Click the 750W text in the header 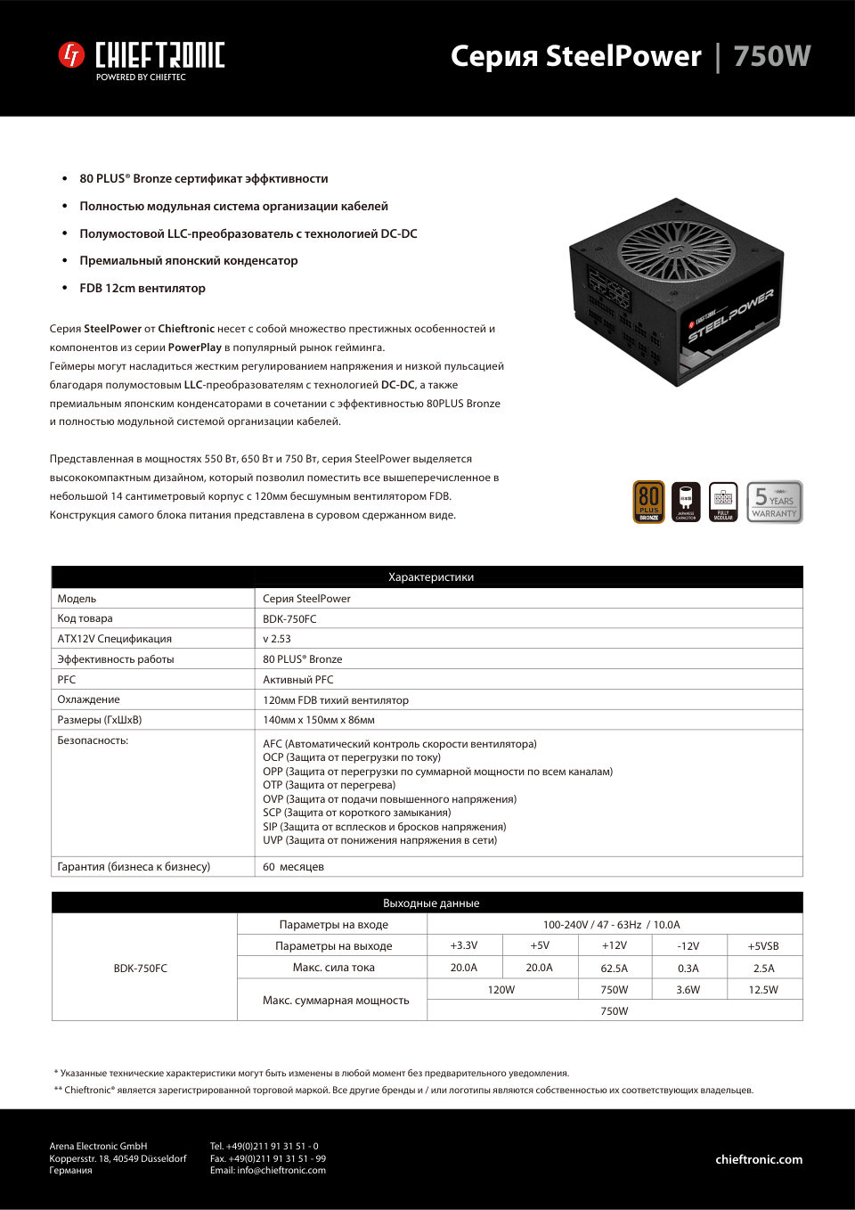coord(771,56)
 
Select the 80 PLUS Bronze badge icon coord(648,502)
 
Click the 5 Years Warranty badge coord(774,502)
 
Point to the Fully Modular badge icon coord(723,502)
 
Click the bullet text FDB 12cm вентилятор coord(142,288)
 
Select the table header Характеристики coord(431,577)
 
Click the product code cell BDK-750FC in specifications coord(289,619)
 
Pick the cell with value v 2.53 coord(277,639)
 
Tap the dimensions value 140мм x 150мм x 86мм coord(319,720)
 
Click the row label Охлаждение coord(88,699)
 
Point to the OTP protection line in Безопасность coord(329,785)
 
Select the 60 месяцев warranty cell coord(293,867)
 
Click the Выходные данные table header coord(431,903)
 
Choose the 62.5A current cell coord(614,968)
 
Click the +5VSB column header coord(763,946)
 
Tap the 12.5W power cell coord(763,990)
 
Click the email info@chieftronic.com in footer coord(268,1171)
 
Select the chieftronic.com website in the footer coord(759,1159)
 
